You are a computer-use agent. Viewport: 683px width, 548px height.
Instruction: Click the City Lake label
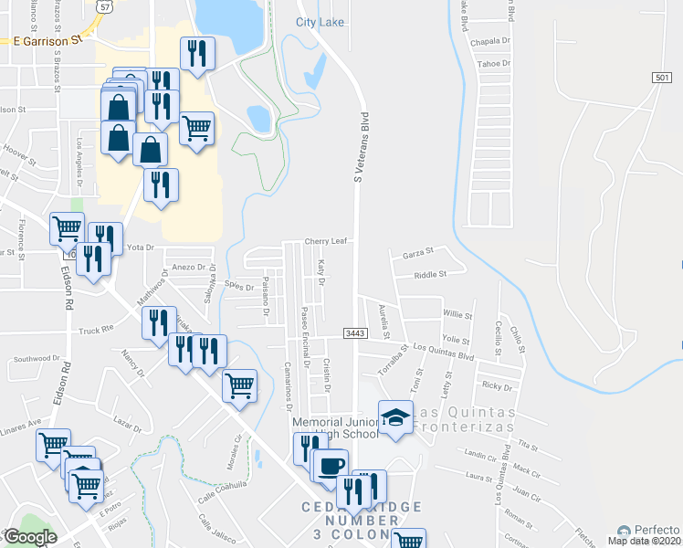pyautogui.click(x=320, y=22)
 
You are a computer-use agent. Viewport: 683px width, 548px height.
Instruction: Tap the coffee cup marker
pyautogui.click(x=331, y=464)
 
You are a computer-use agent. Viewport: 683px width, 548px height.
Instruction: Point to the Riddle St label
pyautogui.click(x=429, y=274)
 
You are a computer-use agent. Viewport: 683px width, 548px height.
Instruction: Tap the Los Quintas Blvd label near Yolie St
pyautogui.click(x=445, y=348)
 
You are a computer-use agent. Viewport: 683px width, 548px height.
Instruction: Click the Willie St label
pyautogui.click(x=457, y=314)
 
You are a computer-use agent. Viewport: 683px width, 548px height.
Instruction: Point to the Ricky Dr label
pyautogui.click(x=498, y=387)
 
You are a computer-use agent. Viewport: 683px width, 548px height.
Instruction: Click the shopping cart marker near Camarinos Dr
pyautogui.click(x=239, y=385)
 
